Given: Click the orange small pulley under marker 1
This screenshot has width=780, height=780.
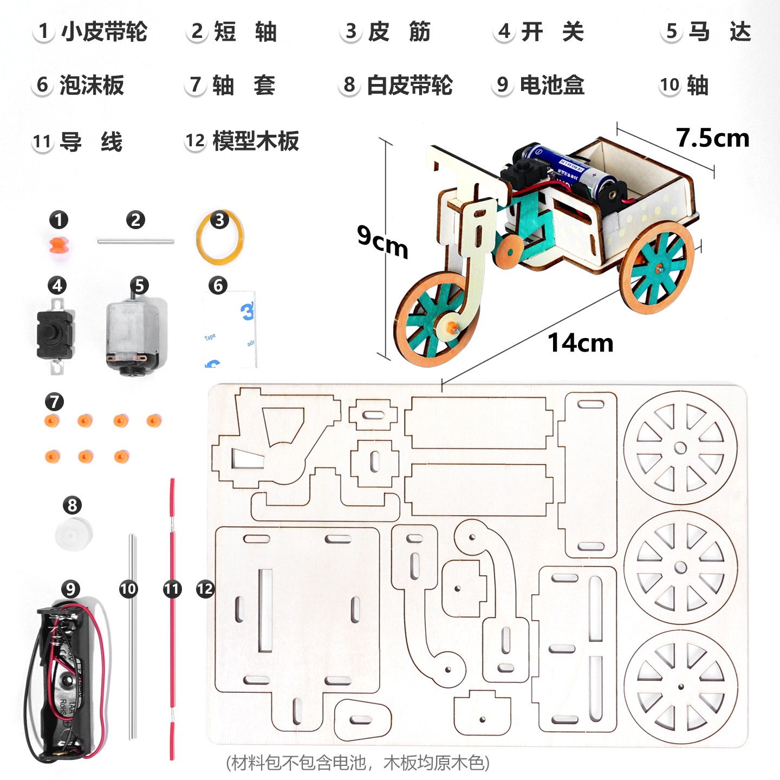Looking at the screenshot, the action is tap(59, 245).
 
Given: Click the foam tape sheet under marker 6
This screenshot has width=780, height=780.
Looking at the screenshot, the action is tap(230, 330).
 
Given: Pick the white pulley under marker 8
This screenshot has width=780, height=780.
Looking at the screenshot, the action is tap(73, 534).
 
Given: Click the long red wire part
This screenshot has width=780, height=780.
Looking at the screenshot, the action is tap(172, 617).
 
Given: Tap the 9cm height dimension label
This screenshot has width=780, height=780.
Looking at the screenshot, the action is tap(382, 242).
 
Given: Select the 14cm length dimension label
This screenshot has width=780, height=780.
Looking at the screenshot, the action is tap(580, 343).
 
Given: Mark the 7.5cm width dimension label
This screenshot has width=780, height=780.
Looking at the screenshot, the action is tap(712, 138).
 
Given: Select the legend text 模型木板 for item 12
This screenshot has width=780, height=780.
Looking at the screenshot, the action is tap(256, 141).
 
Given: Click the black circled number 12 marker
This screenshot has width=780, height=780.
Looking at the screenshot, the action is tap(205, 589).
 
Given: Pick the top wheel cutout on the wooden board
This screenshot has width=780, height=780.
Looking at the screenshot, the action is tap(680, 448).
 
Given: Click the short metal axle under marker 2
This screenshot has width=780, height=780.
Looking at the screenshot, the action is tap(135, 241).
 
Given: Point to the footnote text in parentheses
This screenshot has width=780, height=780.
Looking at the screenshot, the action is tap(358, 763).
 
